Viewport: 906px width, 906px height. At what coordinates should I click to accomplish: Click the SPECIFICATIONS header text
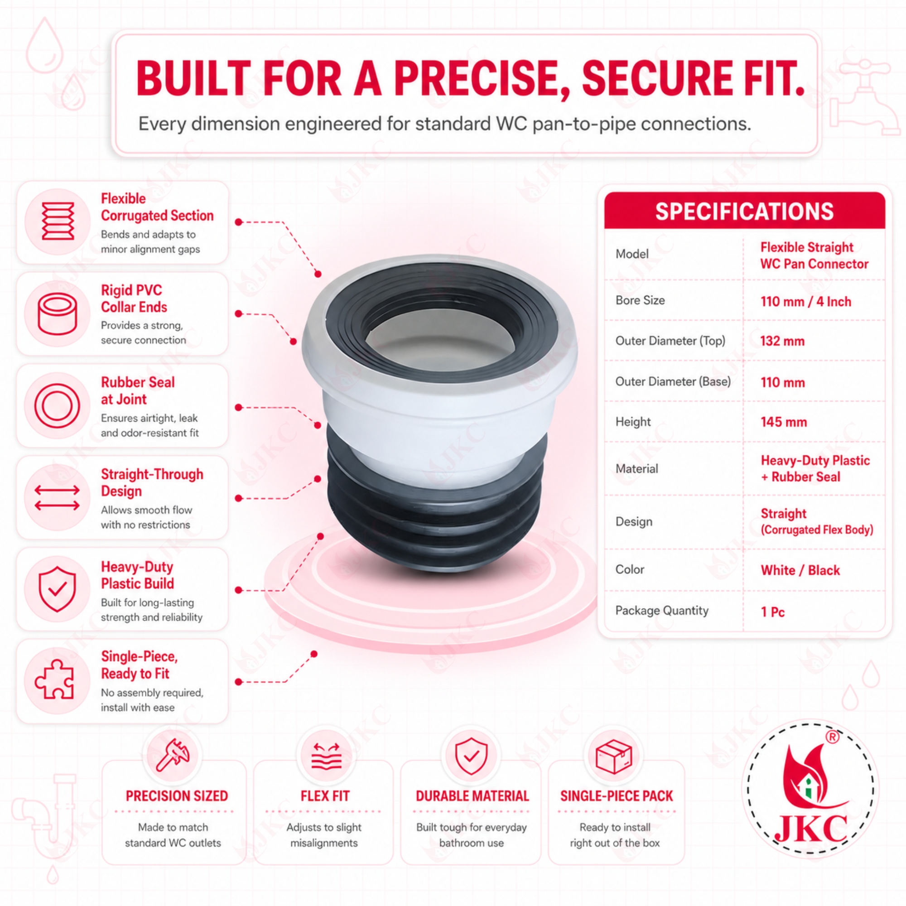[744, 212]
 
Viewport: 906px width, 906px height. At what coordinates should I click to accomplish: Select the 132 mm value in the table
[782, 341]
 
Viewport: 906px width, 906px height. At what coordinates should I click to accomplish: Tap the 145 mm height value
[784, 422]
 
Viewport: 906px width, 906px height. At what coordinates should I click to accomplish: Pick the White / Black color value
[800, 570]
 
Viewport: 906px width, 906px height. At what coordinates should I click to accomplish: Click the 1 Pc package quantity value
[772, 612]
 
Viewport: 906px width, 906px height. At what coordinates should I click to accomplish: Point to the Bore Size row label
[640, 300]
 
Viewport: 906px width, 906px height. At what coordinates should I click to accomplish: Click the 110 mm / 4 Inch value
[805, 302]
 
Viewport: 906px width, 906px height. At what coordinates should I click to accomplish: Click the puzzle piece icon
[55, 680]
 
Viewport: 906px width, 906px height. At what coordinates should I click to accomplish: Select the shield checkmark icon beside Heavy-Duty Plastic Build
[57, 588]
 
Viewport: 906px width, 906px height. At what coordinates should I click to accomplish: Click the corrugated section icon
[58, 222]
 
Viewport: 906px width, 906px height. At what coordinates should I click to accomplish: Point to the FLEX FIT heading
[325, 796]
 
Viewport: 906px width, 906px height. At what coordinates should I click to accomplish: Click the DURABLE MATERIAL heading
[472, 796]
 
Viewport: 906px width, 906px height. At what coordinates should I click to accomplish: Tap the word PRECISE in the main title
[482, 78]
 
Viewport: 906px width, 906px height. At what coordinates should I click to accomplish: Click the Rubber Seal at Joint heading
[138, 390]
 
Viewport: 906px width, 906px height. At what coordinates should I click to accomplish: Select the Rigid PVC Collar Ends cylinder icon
[57, 313]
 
